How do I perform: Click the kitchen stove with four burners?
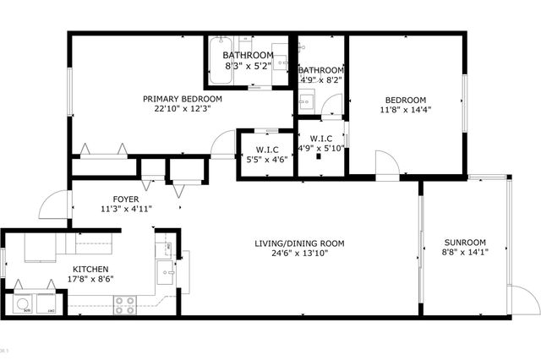(125, 304)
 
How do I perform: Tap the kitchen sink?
(167, 272)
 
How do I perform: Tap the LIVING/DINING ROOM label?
(299, 243)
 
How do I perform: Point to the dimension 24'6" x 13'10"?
(299, 254)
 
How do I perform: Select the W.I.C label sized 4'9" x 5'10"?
(320, 139)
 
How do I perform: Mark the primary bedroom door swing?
(223, 145)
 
